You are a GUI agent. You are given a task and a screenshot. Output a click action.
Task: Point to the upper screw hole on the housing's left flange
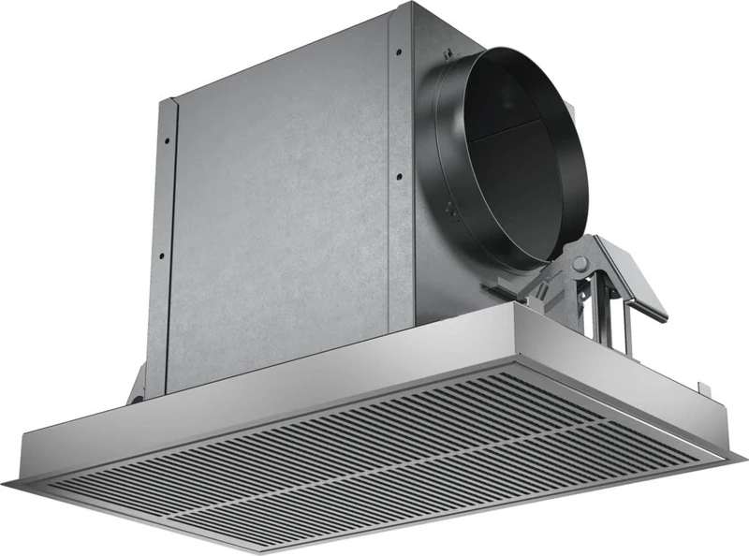167,140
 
